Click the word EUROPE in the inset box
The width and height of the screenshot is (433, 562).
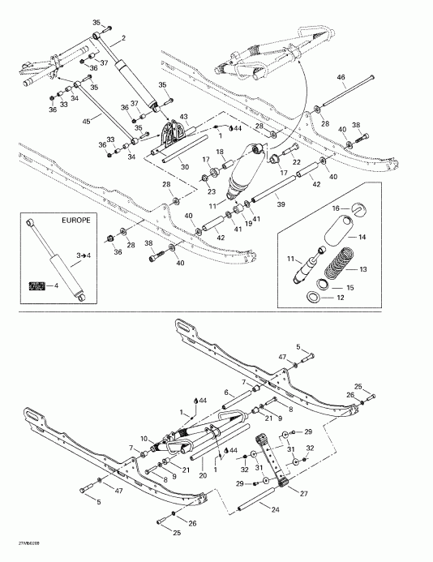76,221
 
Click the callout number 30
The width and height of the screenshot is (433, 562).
184,167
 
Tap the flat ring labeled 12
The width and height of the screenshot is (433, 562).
312,298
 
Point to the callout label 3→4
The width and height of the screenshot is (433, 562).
82,255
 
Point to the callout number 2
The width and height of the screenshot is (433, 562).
123,38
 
